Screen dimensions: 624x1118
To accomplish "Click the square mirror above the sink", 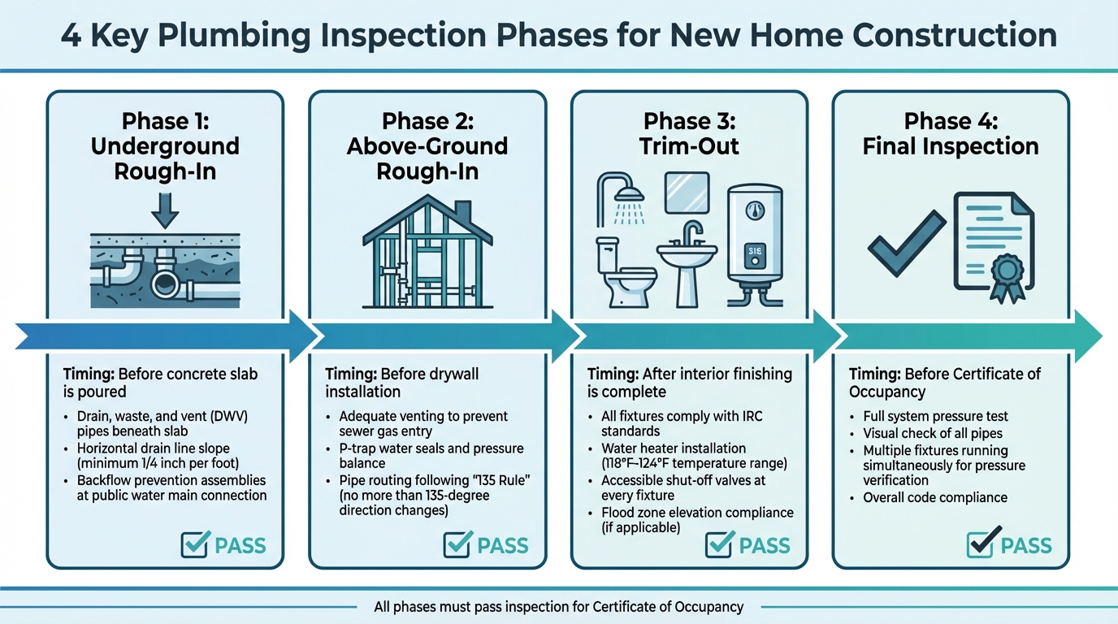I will pyautogui.click(x=687, y=193).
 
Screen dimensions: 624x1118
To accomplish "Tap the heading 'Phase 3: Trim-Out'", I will pyautogui.click(x=689, y=133).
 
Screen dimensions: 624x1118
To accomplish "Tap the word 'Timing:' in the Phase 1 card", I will pyautogui.click(x=89, y=375).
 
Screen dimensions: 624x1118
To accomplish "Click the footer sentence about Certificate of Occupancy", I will pyautogui.click(x=558, y=606).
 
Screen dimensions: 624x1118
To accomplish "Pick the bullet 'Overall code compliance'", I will pyautogui.click(x=934, y=498).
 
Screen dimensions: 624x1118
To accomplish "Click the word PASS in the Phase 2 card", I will pyautogui.click(x=502, y=545).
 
